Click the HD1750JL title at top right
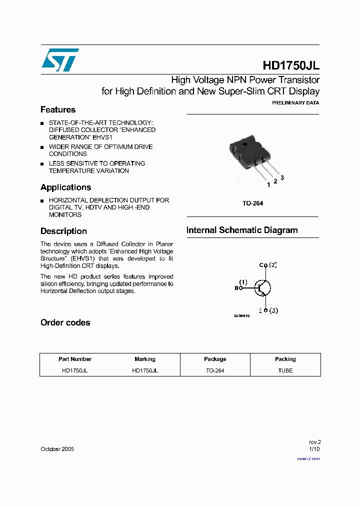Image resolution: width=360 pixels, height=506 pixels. pos(290,65)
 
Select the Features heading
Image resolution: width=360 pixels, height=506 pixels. pos(58,109)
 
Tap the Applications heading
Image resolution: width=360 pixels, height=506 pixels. pos(65,187)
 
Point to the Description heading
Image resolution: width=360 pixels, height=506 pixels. pos(63,231)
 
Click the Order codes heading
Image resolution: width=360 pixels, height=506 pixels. pos(65,322)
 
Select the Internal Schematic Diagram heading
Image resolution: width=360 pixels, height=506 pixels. pos(242,230)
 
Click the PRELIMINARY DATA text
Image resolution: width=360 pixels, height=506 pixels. pos(295,102)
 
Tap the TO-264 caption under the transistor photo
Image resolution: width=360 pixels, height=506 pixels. pos(252,203)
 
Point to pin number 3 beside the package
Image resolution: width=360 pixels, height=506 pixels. pos(282,177)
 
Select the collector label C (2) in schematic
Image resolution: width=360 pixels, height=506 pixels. pos(268,265)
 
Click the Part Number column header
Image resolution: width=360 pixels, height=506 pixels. pos(75,359)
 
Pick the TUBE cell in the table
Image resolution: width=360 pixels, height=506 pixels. pos(285,370)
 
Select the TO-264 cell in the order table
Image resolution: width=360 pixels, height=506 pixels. pos(215,370)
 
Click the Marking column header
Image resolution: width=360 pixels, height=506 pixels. pos(145,359)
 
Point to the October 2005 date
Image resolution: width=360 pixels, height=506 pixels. pos(57,449)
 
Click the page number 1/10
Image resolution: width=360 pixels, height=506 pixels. pos(314,449)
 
